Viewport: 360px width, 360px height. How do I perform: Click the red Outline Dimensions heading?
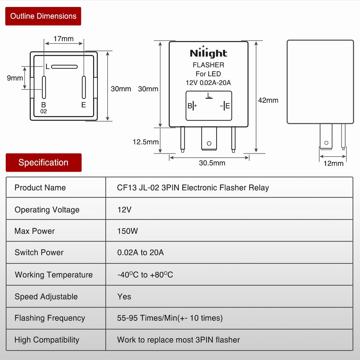coord(43,16)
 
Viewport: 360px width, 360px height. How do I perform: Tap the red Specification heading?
coord(43,163)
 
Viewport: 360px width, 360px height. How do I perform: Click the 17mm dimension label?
coord(63,39)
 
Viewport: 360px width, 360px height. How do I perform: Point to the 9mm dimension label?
coord(15,78)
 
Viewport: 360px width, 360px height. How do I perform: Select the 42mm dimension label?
coord(268,100)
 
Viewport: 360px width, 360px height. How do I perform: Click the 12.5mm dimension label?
coord(146,142)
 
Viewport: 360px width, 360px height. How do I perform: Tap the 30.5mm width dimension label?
coord(212,163)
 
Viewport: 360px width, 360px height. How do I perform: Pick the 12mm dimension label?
coord(333,163)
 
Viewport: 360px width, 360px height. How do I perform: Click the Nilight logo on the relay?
coord(208,52)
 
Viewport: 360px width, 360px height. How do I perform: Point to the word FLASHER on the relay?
coord(208,65)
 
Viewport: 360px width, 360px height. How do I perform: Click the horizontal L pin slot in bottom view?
coord(64,67)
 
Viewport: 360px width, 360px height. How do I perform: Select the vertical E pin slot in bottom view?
coord(84,87)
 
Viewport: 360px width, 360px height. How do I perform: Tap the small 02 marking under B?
coord(44,111)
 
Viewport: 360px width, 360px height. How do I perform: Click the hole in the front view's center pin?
coord(209,144)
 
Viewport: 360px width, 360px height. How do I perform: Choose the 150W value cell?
coord(128,231)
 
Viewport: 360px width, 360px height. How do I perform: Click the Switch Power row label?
coord(39,252)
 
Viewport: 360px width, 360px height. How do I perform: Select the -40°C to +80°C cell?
coord(145,275)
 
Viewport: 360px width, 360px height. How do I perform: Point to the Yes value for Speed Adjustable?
coord(124,297)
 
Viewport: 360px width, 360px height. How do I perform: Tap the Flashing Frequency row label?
coord(50,318)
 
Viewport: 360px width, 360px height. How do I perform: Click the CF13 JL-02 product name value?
coord(193,188)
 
